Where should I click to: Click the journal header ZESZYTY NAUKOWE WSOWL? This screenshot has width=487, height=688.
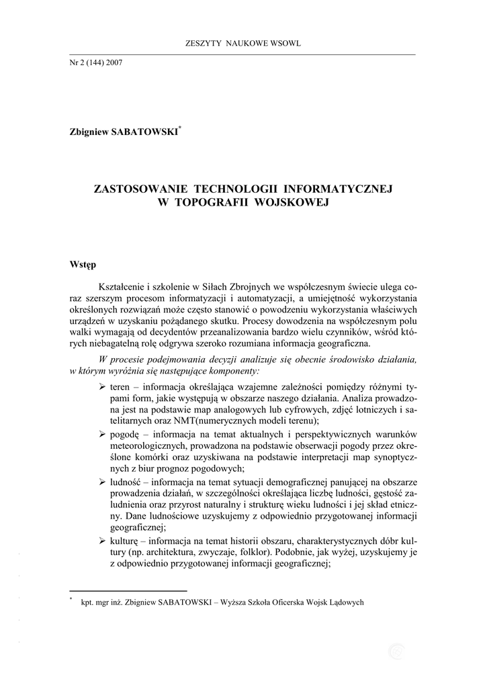click(x=242, y=44)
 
